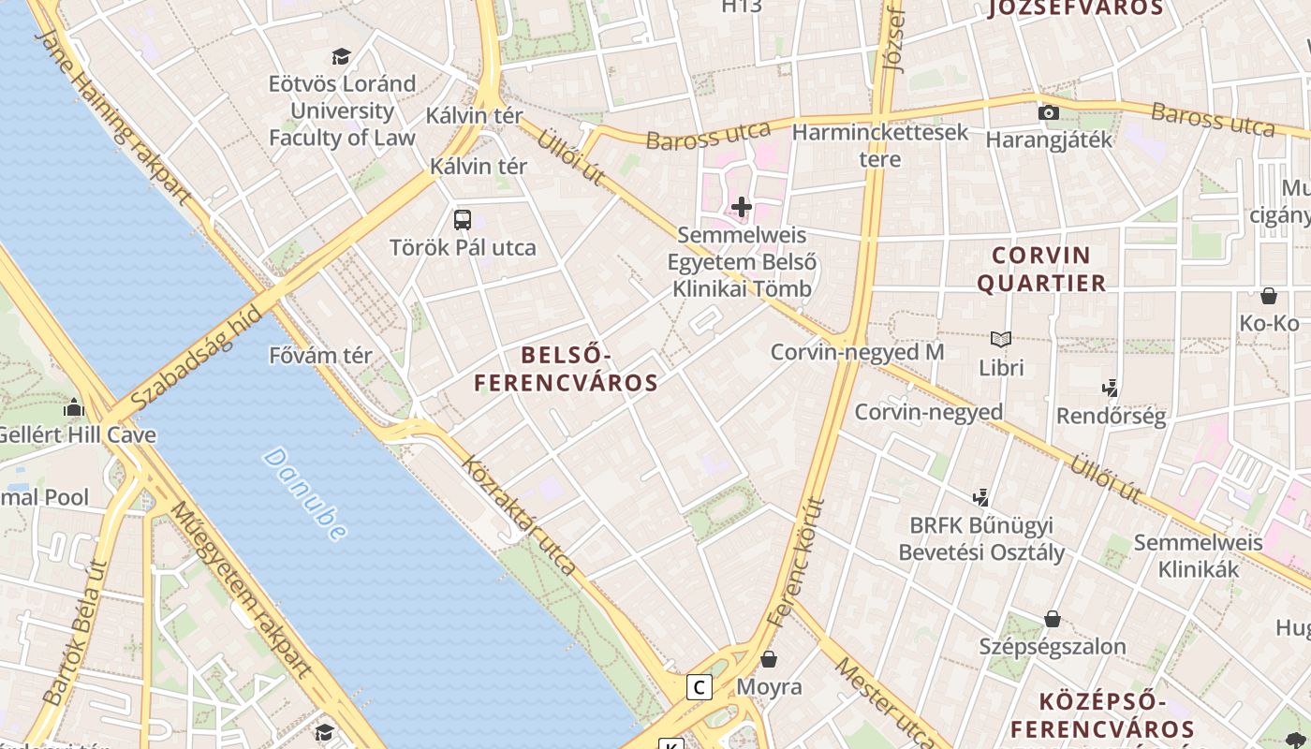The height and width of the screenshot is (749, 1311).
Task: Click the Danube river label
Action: pos(304,493)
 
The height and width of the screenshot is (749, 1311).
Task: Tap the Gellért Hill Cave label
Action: pos(77,435)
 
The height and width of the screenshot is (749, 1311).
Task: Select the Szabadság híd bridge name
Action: pos(196,360)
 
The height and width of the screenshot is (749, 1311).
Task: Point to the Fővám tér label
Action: pos(320,356)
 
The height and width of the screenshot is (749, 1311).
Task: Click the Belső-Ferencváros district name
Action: pos(566,369)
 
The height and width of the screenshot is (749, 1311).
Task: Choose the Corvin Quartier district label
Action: pos(1041,269)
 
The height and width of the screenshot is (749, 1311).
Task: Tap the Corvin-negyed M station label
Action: pos(857,352)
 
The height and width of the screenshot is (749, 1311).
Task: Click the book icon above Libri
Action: pos(1001,339)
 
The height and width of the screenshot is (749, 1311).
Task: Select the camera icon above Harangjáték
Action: pos(1049,113)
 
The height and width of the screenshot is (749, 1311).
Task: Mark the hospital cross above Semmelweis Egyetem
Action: pos(742,206)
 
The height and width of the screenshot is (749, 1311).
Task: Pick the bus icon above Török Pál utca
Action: pos(463,220)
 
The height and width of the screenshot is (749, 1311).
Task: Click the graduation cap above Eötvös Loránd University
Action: pos(341,56)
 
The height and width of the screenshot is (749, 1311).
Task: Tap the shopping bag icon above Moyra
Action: pos(769,659)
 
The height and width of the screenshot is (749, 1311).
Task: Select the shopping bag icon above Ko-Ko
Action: pos(1269,296)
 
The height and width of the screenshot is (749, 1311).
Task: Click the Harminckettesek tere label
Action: pos(880,145)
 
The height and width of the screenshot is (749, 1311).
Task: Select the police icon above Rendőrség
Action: pos(1111,387)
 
